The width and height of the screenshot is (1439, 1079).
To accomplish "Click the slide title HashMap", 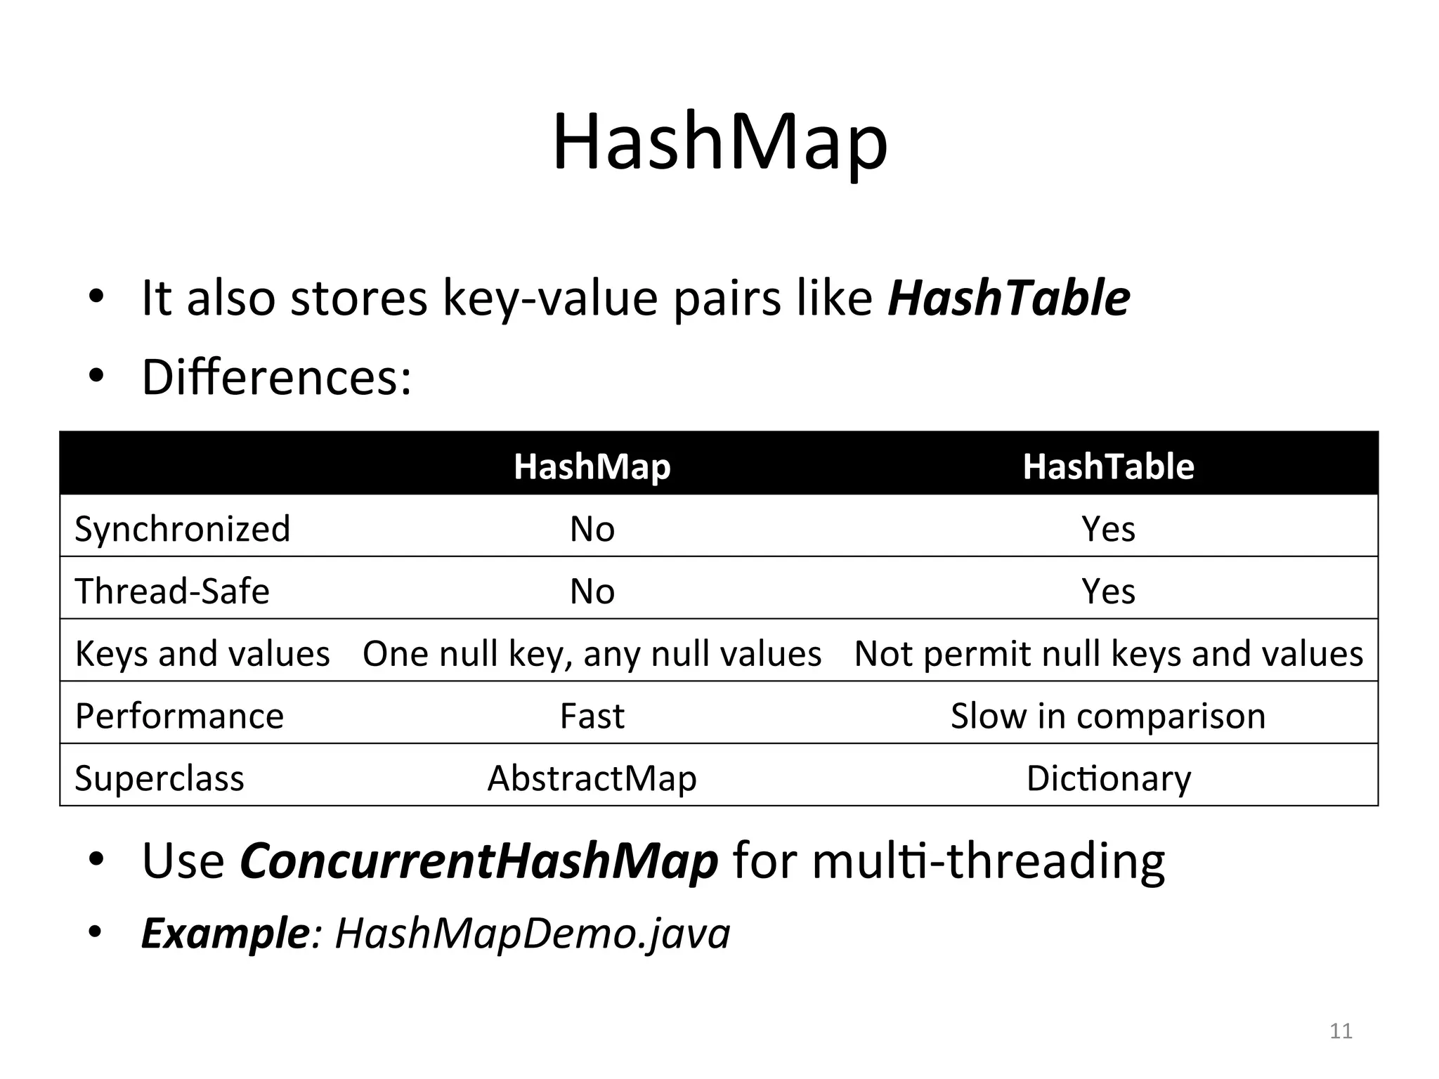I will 719,143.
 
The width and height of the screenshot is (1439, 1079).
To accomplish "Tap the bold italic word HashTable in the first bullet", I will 1009,298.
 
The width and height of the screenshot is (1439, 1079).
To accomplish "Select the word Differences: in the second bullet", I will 276,377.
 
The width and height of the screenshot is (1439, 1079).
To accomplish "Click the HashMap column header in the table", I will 592,466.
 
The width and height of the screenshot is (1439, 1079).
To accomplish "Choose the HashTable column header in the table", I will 1108,466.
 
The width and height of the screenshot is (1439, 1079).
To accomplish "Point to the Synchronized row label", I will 182,528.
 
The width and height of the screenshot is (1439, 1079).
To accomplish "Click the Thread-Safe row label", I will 172,591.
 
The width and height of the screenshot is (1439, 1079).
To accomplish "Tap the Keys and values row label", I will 202,653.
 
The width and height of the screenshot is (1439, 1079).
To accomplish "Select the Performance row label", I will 179,716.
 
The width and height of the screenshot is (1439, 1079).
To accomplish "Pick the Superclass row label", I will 159,778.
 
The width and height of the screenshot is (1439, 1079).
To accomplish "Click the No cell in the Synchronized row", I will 592,528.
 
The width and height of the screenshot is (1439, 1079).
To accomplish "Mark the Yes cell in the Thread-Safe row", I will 1108,591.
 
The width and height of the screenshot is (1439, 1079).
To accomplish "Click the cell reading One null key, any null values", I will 592,653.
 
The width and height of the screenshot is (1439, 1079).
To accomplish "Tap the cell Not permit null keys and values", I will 1108,653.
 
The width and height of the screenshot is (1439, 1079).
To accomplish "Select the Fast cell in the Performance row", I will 592,716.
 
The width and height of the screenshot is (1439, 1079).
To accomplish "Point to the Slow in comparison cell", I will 1108,716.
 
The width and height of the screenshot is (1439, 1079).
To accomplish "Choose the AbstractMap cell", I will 592,778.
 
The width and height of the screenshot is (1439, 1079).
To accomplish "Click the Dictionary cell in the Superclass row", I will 1108,778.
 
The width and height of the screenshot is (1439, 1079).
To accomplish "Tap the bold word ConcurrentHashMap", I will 478,861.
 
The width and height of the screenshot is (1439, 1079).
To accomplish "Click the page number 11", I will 1341,1031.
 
